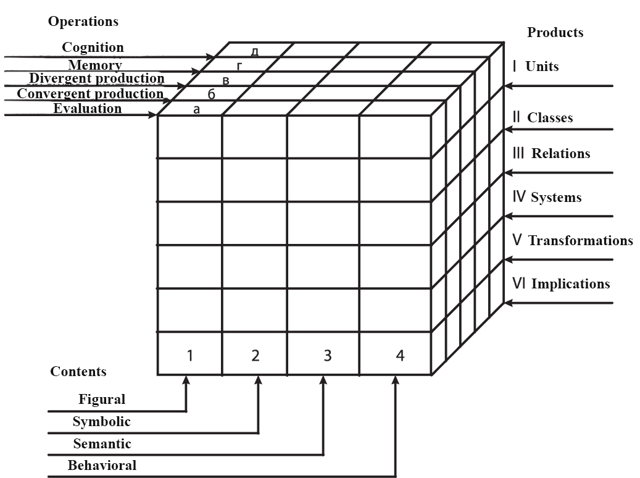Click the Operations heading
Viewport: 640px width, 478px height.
[83, 22]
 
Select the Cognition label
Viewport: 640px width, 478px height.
[93, 48]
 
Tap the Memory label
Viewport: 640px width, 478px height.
[95, 65]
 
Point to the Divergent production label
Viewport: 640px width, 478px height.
[97, 78]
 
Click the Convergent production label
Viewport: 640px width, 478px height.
[90, 94]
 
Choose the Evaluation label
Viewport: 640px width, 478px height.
[88, 109]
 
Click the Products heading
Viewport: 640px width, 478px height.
[555, 33]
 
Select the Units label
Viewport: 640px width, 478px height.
[542, 66]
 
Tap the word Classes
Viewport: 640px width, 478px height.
[550, 118]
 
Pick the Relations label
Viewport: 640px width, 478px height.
[560, 154]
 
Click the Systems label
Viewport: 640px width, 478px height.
[556, 198]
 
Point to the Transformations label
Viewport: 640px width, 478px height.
[580, 240]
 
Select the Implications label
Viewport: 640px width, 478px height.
[570, 284]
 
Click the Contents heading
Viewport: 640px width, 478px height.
[78, 372]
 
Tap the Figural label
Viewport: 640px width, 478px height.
[101, 400]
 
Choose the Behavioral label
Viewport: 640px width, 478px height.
[102, 466]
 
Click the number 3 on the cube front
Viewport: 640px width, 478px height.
[328, 356]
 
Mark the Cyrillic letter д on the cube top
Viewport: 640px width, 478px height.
[254, 52]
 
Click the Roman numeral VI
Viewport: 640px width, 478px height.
[520, 283]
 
